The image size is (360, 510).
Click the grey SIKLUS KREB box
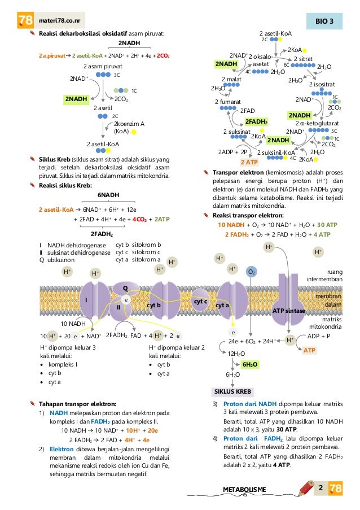click(x=232, y=391)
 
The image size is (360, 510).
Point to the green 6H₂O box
click(x=249, y=365)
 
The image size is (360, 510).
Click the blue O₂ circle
click(x=252, y=272)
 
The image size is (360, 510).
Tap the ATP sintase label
click(x=288, y=311)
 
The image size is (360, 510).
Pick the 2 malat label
click(x=231, y=80)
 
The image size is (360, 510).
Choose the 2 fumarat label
click(x=228, y=101)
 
